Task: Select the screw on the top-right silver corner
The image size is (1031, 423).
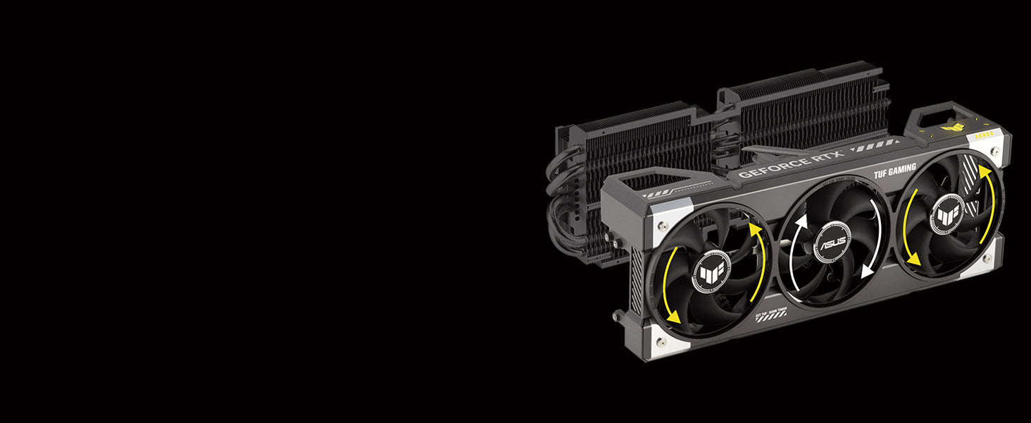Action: [x=994, y=150]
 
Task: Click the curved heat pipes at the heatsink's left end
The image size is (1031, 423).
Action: [x=560, y=204]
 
